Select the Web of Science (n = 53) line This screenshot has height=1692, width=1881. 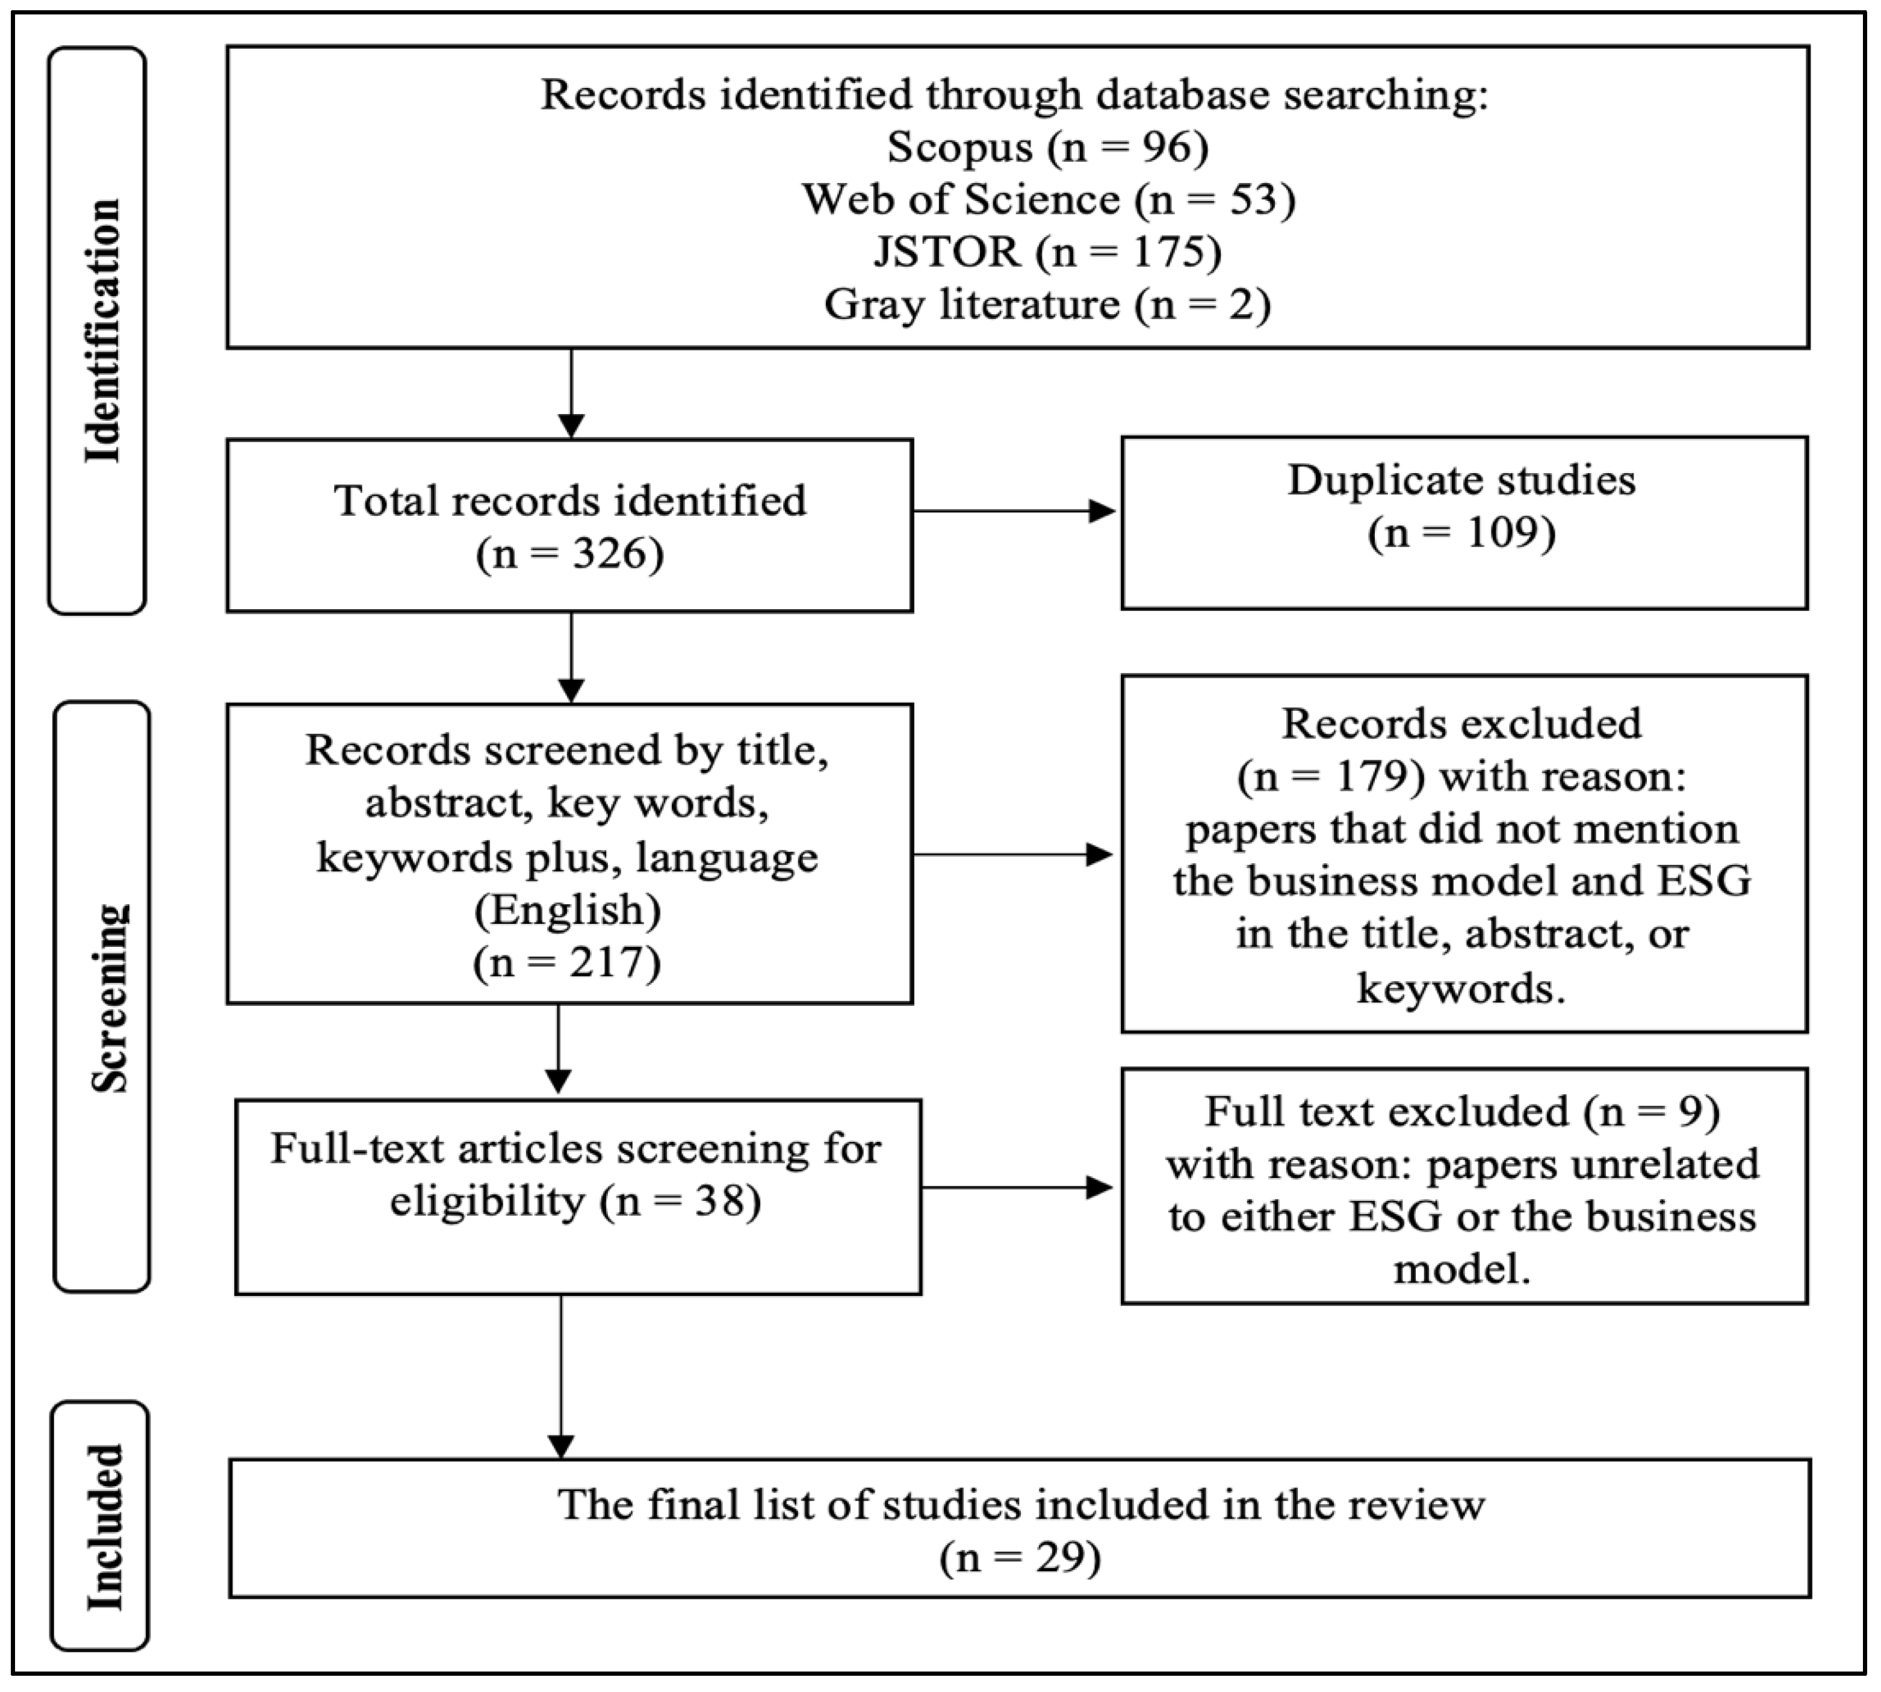pos(1048,200)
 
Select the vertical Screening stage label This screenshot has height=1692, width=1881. pos(110,997)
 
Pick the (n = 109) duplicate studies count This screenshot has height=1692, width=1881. pos(1461,533)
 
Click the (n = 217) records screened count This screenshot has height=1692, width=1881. pos(567,962)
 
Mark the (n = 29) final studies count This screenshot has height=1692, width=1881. pos(1020,1557)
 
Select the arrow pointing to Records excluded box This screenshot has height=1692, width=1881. pos(1014,854)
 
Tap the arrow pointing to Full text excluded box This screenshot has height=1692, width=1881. pos(1018,1187)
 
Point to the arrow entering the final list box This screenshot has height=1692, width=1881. pos(560,1377)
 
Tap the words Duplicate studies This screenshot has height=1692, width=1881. pos(1461,480)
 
